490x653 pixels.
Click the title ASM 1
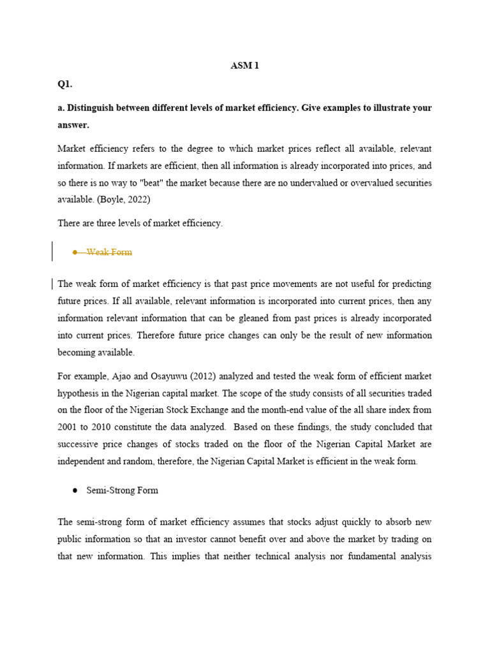click(x=244, y=66)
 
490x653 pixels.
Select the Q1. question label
click(x=65, y=84)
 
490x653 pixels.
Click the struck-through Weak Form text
click(x=109, y=252)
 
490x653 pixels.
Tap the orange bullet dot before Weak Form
click(x=75, y=252)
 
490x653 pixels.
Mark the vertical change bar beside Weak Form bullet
click(x=52, y=251)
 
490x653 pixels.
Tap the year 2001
click(x=68, y=428)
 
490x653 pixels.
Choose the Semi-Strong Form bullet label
click(x=122, y=490)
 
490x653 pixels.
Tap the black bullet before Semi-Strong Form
click(x=75, y=490)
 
